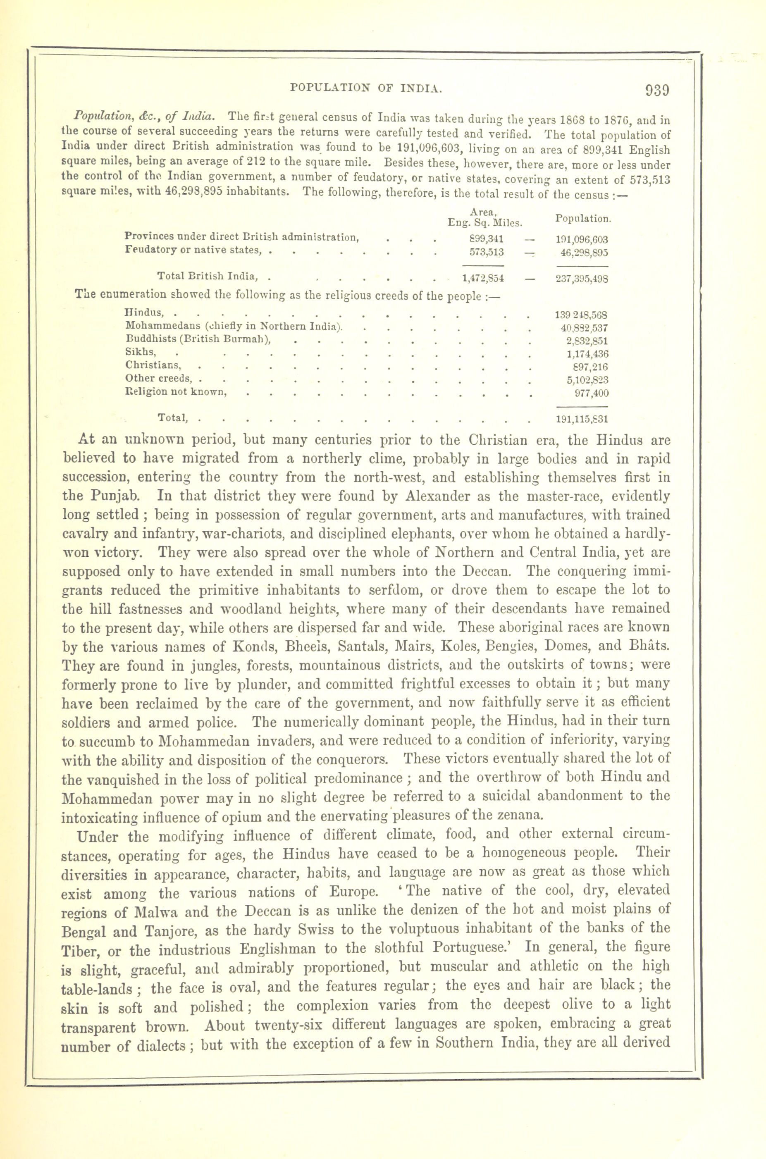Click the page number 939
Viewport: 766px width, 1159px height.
pyautogui.click(x=657, y=91)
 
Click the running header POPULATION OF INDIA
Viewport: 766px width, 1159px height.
pyautogui.click(x=366, y=88)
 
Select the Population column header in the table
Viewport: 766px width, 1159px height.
pyautogui.click(x=583, y=219)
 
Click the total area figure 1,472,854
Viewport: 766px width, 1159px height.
pyautogui.click(x=483, y=279)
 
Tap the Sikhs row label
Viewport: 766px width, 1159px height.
pyautogui.click(x=141, y=352)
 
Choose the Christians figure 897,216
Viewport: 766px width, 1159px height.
pyautogui.click(x=587, y=367)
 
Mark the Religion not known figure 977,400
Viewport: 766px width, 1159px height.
pyautogui.click(x=591, y=393)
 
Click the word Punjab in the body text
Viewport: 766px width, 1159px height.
pyautogui.click(x=115, y=496)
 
